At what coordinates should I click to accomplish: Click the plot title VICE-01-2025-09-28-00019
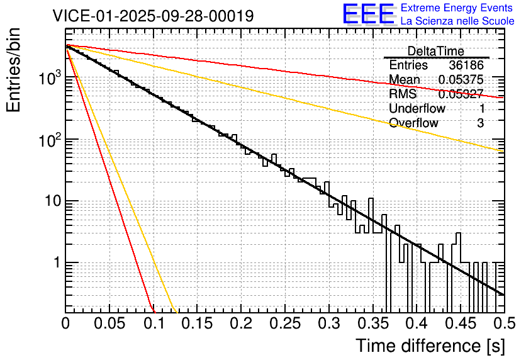[153, 16]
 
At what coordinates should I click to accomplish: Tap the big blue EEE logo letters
[368, 14]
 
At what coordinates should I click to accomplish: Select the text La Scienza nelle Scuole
[457, 21]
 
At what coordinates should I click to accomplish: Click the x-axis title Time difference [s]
[430, 346]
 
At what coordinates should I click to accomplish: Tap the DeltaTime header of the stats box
[436, 51]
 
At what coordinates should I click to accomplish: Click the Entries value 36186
[466, 65]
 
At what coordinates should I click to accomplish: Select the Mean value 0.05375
[461, 80]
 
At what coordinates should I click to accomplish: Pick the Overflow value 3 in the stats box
[480, 123]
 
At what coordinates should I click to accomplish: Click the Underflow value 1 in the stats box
[481, 109]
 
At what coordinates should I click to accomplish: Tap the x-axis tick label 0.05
[109, 323]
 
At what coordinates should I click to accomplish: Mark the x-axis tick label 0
[66, 323]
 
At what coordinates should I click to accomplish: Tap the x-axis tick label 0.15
[198, 323]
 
